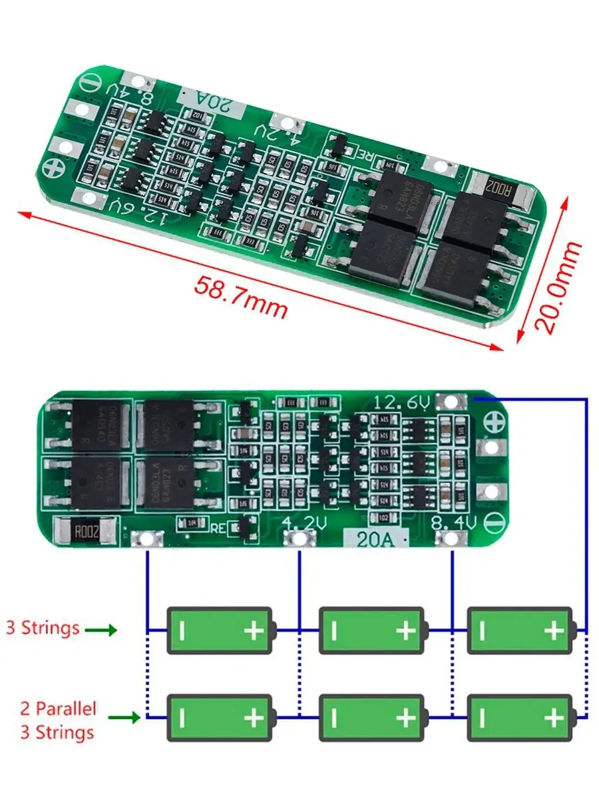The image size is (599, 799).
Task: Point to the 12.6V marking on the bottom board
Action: point(402,403)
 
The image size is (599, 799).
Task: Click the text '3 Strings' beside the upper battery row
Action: point(43,627)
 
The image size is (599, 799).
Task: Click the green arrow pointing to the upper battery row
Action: point(103,629)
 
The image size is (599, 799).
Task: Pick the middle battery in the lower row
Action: point(372,718)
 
